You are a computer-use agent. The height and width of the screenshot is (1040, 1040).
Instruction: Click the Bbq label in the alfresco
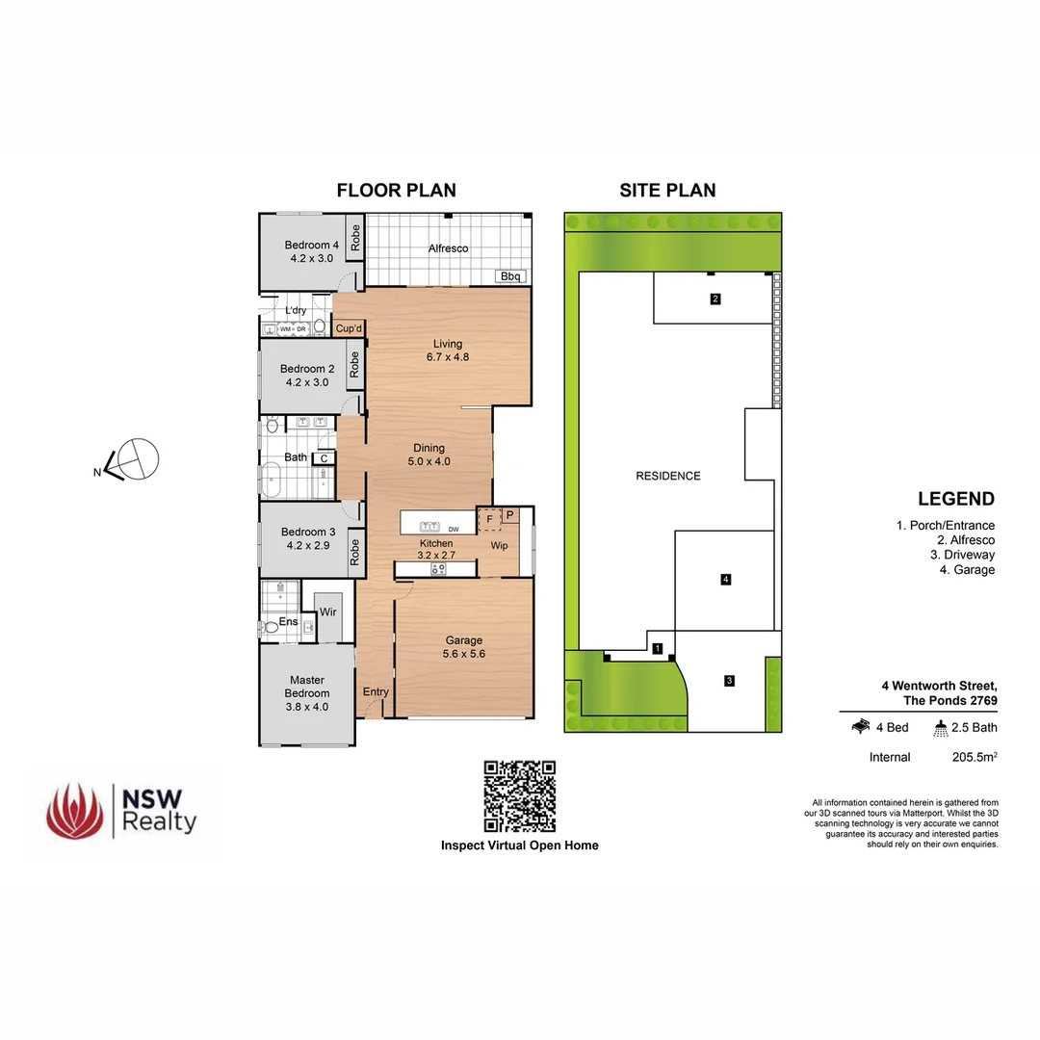pyautogui.click(x=510, y=276)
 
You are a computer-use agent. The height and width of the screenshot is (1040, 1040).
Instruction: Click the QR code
pyautogui.click(x=520, y=796)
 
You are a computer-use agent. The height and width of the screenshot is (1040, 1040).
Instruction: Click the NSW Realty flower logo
pyautogui.click(x=74, y=810)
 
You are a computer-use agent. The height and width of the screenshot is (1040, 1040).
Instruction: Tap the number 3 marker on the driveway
pyautogui.click(x=730, y=681)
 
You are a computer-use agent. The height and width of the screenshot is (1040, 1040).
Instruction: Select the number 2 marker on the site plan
pyautogui.click(x=715, y=299)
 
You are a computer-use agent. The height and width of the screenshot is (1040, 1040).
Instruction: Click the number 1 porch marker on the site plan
pyautogui.click(x=658, y=649)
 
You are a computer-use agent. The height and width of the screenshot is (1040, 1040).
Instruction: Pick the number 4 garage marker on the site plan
pyautogui.click(x=726, y=579)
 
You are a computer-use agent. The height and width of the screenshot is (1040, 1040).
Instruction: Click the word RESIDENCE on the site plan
pyautogui.click(x=668, y=476)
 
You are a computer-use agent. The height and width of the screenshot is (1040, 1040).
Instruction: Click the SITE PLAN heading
pyautogui.click(x=667, y=190)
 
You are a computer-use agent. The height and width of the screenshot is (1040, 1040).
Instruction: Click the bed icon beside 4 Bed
pyautogui.click(x=862, y=727)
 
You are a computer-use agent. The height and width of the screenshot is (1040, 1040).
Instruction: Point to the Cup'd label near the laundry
pyautogui.click(x=348, y=328)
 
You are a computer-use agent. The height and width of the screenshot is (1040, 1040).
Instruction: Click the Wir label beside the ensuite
pyautogui.click(x=327, y=612)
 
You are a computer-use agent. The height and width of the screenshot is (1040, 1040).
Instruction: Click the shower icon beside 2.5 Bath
pyautogui.click(x=941, y=728)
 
